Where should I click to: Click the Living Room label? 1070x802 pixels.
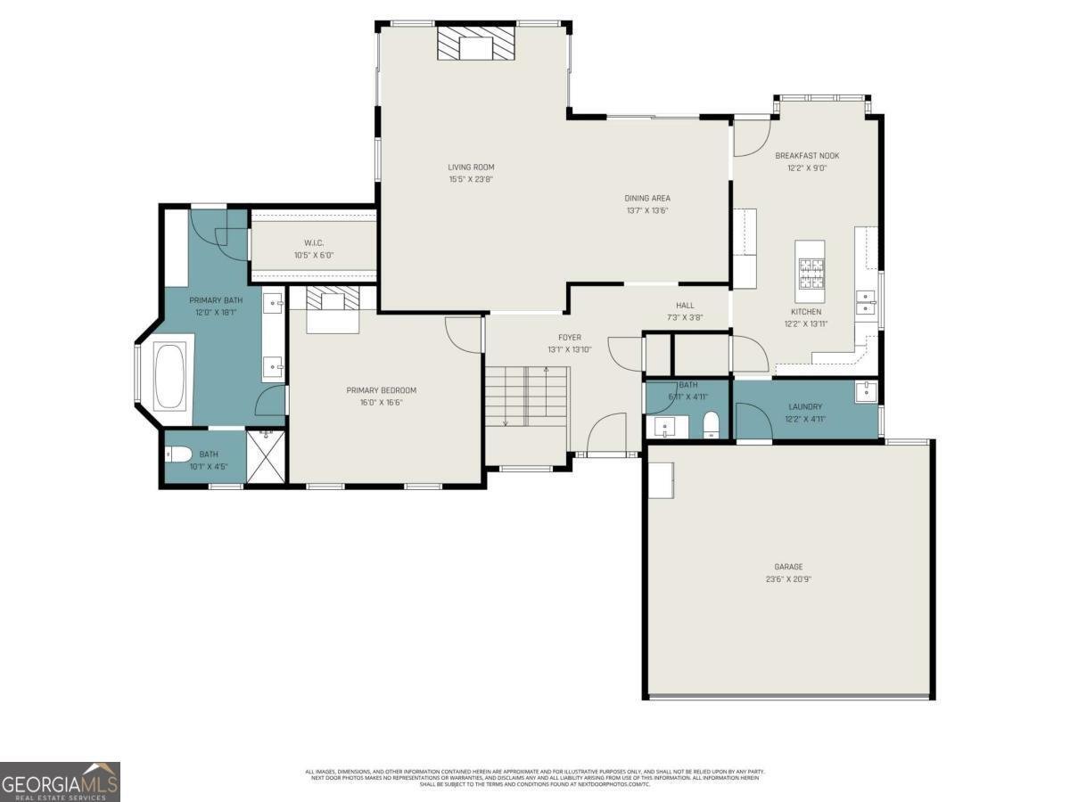pos(471,167)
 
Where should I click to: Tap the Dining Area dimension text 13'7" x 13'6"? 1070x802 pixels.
pos(646,211)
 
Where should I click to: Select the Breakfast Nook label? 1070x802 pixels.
pos(807,156)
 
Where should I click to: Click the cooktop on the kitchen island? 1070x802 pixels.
pos(810,274)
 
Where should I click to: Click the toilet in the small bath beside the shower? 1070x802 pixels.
pos(178,455)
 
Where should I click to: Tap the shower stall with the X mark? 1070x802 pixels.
pos(265,456)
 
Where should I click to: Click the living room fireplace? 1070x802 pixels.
pos(476,43)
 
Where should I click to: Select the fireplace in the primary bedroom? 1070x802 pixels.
pos(333,301)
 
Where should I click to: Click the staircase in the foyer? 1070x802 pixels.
pos(526,397)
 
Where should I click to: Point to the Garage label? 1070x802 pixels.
pos(788,567)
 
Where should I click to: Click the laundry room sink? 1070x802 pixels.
pos(865,391)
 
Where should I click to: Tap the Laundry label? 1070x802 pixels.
pos(805,407)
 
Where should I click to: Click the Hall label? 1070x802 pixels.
pos(685,306)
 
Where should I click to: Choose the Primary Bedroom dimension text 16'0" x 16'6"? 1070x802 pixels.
pos(382,402)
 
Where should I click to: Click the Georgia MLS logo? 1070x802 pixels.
pos(60,782)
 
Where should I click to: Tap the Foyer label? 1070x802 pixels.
pos(570,338)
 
